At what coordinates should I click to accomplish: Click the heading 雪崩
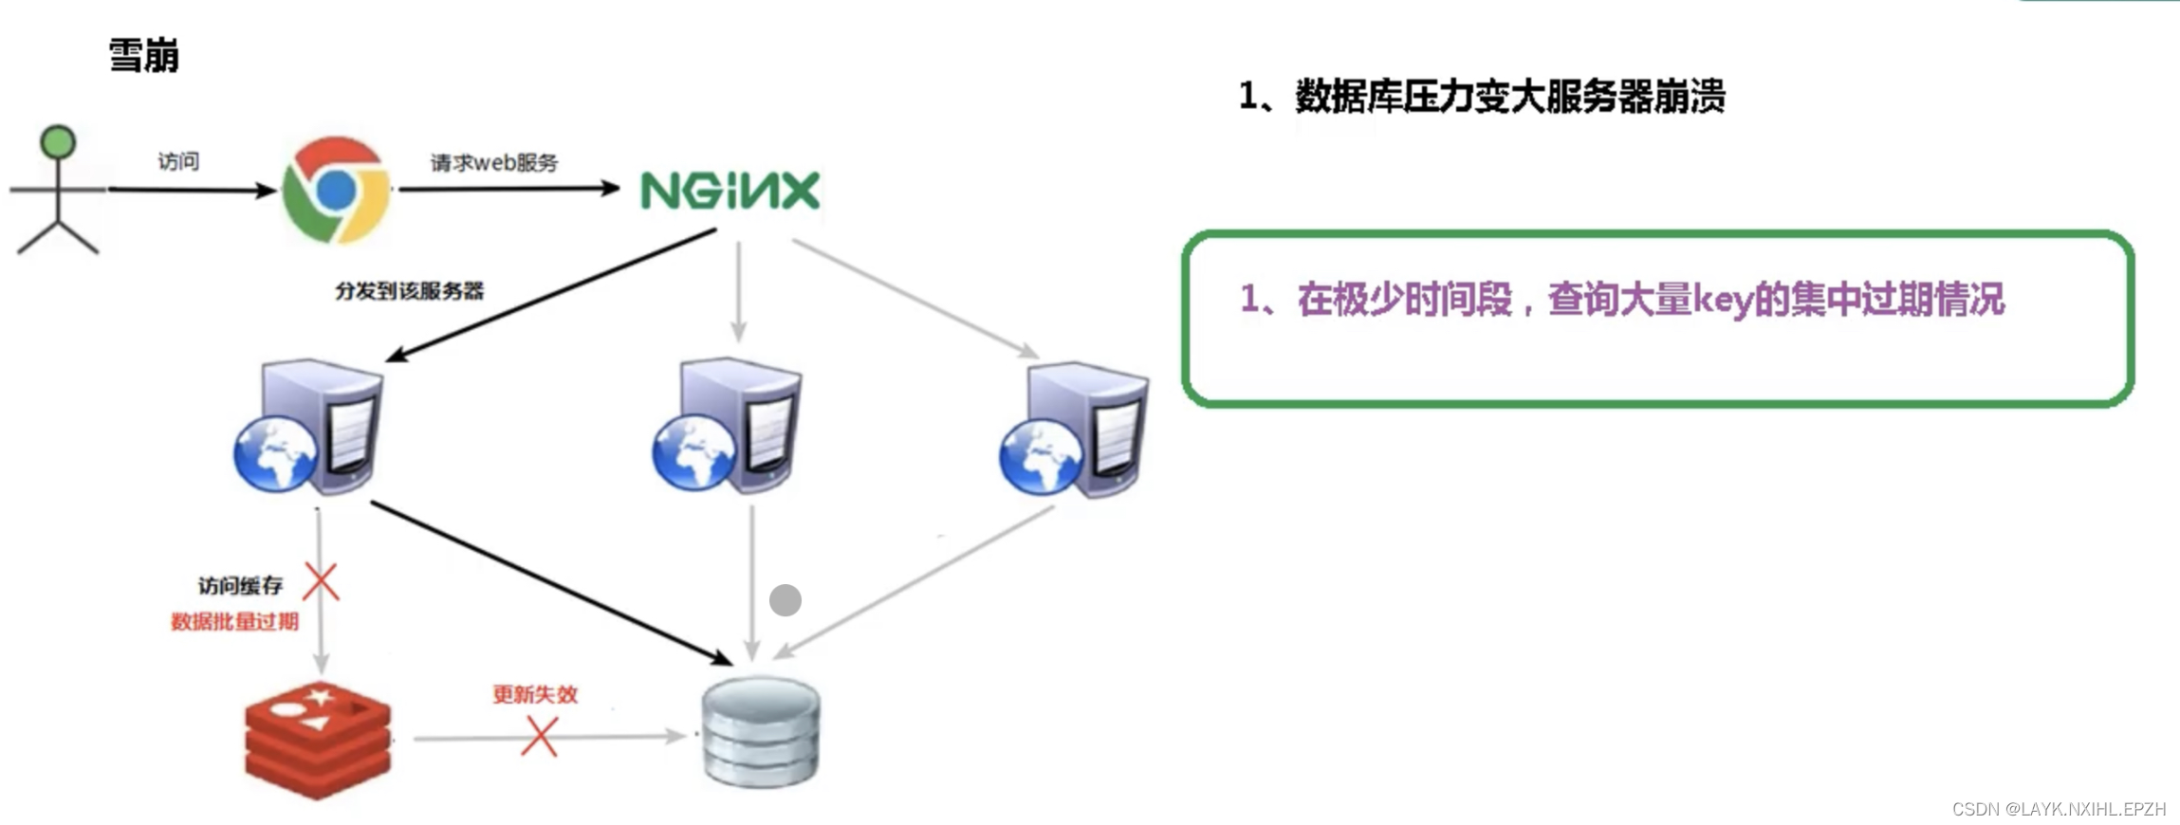pyautogui.click(x=143, y=56)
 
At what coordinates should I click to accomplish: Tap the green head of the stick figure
pyautogui.click(x=58, y=141)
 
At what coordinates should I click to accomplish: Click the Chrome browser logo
pyautogui.click(x=336, y=190)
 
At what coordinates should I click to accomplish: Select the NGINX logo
pyautogui.click(x=730, y=191)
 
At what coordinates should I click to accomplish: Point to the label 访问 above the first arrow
pyautogui.click(x=178, y=161)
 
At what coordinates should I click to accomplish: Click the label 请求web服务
pyautogui.click(x=494, y=163)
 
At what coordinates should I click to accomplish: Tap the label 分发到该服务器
pyautogui.click(x=409, y=291)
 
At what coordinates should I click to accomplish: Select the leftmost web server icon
pyautogui.click(x=309, y=427)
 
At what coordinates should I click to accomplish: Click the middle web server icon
pyautogui.click(x=728, y=426)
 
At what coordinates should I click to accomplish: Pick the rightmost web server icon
pyautogui.click(x=1075, y=430)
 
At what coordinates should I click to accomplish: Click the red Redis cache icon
pyautogui.click(x=318, y=741)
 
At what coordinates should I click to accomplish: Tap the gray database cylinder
pyautogui.click(x=761, y=731)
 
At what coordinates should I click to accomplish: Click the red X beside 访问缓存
pyautogui.click(x=321, y=582)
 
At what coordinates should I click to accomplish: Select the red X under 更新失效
pyautogui.click(x=539, y=737)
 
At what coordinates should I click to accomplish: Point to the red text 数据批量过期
pyautogui.click(x=234, y=622)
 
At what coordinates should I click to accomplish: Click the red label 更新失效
pyautogui.click(x=535, y=695)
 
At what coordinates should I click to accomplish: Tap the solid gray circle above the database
pyautogui.click(x=785, y=600)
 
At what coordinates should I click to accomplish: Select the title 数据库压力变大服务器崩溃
pyautogui.click(x=1509, y=97)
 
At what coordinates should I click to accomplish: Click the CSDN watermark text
pyautogui.click(x=2059, y=809)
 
